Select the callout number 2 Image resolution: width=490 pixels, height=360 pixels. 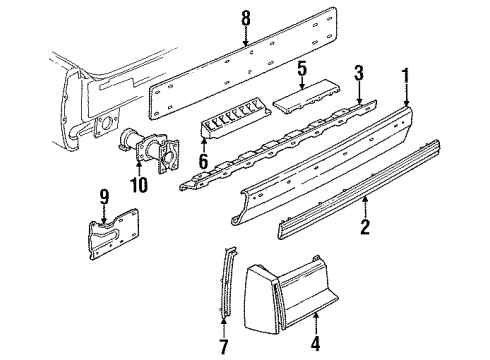click(366, 228)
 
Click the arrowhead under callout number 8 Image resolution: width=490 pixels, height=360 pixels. click(247, 44)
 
